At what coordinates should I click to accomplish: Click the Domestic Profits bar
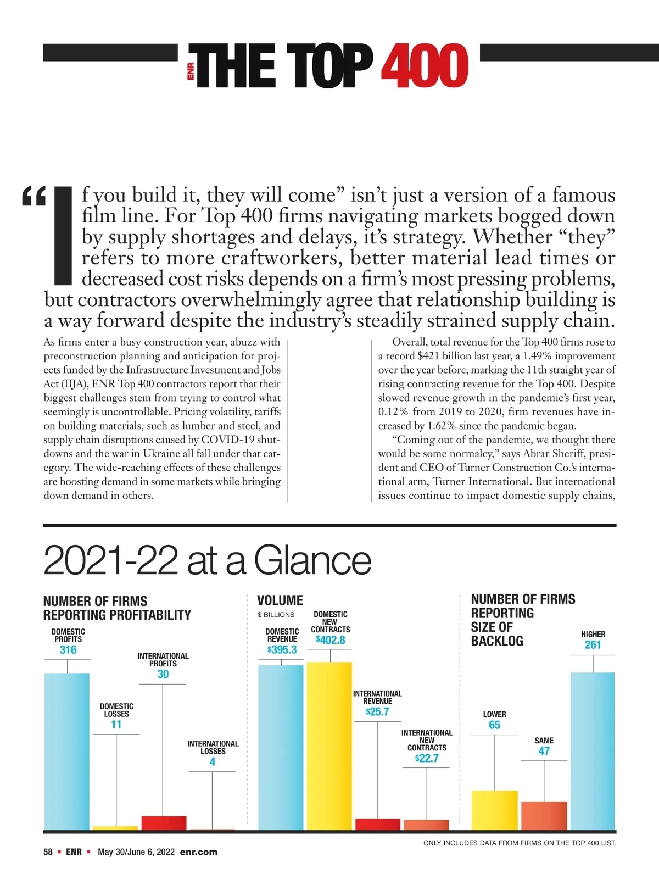[x=66, y=750]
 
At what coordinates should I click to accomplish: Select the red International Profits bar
[x=164, y=823]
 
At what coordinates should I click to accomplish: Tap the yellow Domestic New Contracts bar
[x=329, y=746]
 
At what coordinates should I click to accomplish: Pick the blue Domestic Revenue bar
[x=281, y=747]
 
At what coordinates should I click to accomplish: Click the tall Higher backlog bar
[x=593, y=750]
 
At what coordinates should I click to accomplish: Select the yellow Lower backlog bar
[x=494, y=810]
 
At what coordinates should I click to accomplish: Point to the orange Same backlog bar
[x=544, y=815]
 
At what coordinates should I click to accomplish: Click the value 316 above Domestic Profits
[x=68, y=650]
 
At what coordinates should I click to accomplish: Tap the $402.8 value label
[x=331, y=640]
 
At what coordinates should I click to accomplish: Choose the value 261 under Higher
[x=593, y=645]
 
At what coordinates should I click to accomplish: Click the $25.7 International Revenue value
[x=377, y=712]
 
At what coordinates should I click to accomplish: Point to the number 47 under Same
[x=544, y=751]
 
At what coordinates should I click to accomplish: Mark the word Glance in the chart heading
[x=312, y=560]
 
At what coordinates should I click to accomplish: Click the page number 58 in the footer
[x=48, y=852]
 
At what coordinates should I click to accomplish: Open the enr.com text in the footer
[x=198, y=852]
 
